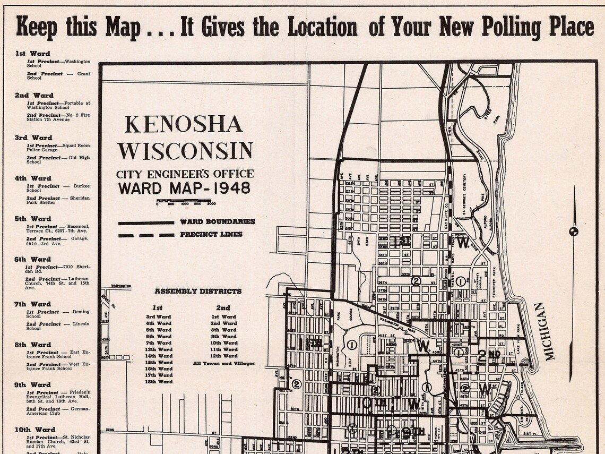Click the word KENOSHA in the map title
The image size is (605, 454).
(184, 124)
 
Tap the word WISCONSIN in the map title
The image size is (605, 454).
(185, 151)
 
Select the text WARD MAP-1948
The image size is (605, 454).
(184, 188)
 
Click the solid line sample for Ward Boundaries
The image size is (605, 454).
(146, 222)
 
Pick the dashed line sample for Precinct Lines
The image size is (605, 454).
(146, 235)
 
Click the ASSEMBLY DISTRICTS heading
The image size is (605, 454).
(198, 291)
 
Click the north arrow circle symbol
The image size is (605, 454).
(574, 231)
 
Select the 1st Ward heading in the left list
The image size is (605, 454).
(32, 54)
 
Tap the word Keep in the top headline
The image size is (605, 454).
(36, 27)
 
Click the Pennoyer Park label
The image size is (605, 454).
(493, 289)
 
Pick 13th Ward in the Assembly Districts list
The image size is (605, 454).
(159, 349)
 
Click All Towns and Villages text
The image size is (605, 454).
(223, 364)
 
